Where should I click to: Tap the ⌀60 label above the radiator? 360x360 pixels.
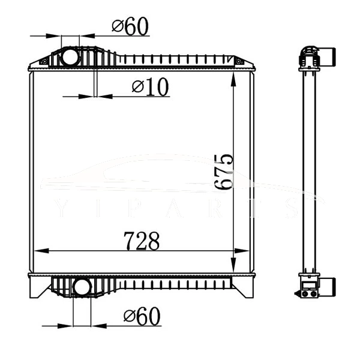(130, 26)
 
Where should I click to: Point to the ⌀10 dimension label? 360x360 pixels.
(151, 87)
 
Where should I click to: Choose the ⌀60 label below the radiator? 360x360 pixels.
(142, 316)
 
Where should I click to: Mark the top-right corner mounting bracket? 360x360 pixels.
(239, 61)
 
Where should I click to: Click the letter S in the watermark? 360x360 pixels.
(292, 208)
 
